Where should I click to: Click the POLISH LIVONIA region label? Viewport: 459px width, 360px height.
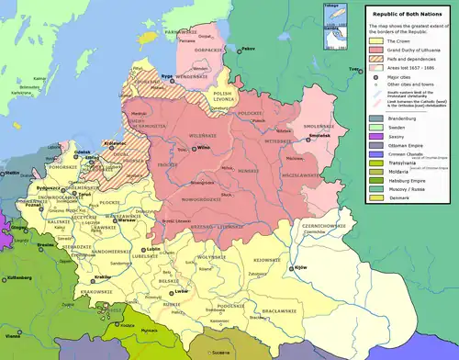tap(227, 94)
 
